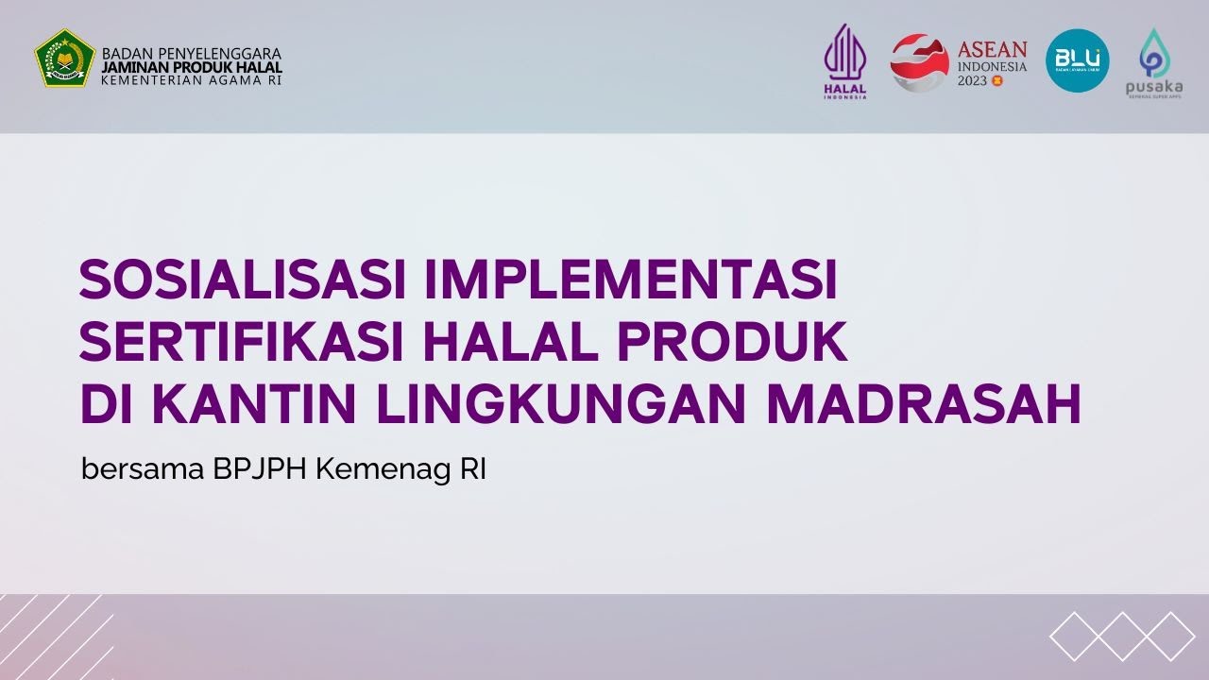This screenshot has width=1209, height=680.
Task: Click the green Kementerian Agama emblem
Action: [x=65, y=59]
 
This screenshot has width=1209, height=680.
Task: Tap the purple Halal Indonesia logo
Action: [x=844, y=60]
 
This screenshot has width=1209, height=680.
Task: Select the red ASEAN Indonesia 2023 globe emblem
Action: [x=919, y=61]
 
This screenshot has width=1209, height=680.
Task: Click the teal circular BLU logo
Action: [x=1077, y=60]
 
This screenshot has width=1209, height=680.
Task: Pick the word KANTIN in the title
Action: [x=257, y=404]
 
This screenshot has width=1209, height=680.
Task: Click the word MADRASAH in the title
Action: [x=923, y=404]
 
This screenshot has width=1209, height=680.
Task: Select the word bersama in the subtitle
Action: [x=142, y=469]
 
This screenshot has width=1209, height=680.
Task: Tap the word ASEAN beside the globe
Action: [x=992, y=49]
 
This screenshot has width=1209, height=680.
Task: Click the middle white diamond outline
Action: [x=1122, y=636]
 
